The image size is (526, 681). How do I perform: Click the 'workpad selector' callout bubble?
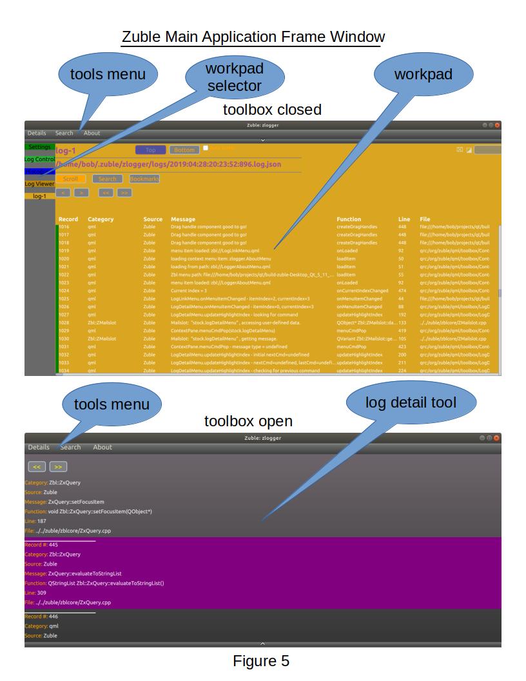coord(234,77)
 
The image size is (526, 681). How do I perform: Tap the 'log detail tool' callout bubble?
coord(411,403)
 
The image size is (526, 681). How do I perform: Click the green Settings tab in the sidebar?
coord(40,147)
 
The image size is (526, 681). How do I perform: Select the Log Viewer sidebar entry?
coord(40,184)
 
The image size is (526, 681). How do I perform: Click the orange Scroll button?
coord(70,179)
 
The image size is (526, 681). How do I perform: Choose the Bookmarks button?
coord(144,179)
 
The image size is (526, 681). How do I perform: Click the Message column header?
coord(182,219)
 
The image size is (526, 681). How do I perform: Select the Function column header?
coord(349,219)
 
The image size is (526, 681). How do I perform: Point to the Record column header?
coord(68,219)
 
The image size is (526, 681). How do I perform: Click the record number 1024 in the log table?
coord(64,291)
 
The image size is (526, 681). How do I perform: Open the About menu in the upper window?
coord(92,133)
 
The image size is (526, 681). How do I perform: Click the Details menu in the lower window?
coord(39,447)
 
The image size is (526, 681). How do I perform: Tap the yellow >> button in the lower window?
coord(58,466)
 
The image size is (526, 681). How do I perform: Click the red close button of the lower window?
coord(497,438)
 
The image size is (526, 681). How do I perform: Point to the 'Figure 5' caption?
coord(261,661)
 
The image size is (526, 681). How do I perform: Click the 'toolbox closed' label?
coord(272,110)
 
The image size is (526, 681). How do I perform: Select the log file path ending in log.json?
coord(169,164)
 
